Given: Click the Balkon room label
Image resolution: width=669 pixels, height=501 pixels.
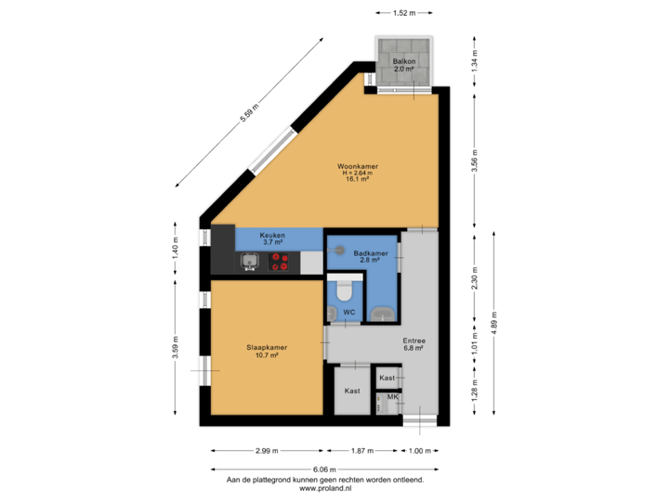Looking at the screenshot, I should (x=403, y=61).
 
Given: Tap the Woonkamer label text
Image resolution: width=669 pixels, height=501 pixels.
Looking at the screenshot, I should (x=358, y=167).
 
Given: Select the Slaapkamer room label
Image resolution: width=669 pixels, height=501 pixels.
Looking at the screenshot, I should (x=267, y=347).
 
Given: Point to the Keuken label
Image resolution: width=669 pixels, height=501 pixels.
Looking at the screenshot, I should (x=271, y=236).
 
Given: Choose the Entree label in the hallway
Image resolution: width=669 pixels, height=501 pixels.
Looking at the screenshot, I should (x=413, y=340).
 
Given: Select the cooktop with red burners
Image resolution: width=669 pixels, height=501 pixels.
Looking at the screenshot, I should (x=279, y=263).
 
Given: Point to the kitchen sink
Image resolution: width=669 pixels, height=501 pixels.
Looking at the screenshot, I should (x=249, y=263).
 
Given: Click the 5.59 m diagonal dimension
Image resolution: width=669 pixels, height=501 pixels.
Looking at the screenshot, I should (x=248, y=113).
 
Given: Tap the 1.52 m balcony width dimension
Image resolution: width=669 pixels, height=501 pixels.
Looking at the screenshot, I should (x=403, y=13).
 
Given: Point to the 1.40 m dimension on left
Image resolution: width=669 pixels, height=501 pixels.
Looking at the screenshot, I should (x=177, y=247).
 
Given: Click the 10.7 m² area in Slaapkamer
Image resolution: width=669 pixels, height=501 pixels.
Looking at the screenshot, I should (x=267, y=355).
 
